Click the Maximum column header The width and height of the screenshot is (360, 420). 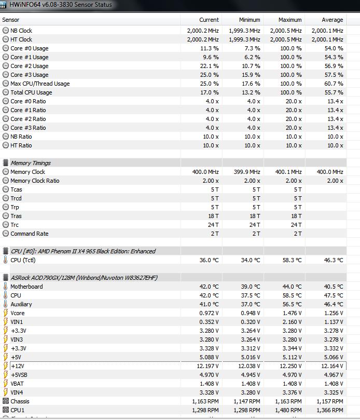click(x=290, y=20)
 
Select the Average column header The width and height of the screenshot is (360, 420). click(x=332, y=20)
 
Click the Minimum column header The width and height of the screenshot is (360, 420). click(x=250, y=20)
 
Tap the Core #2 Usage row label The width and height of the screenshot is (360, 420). click(x=30, y=66)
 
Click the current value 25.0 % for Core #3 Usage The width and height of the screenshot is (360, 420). click(x=209, y=75)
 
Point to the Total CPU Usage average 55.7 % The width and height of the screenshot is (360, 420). click(x=334, y=92)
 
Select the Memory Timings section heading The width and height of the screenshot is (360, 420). click(x=31, y=163)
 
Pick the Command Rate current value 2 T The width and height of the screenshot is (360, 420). click(x=214, y=234)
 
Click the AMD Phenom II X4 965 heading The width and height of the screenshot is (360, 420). click(x=83, y=251)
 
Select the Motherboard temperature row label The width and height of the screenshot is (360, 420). click(x=26, y=287)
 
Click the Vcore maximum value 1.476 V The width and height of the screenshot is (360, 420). click(x=290, y=313)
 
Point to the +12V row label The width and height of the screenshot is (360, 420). click(x=17, y=366)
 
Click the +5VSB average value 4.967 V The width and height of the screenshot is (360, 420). click(x=333, y=375)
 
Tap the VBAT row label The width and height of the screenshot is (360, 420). click(x=18, y=384)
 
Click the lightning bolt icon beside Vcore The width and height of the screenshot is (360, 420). click(x=6, y=313)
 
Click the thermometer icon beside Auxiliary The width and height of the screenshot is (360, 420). click(x=6, y=304)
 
